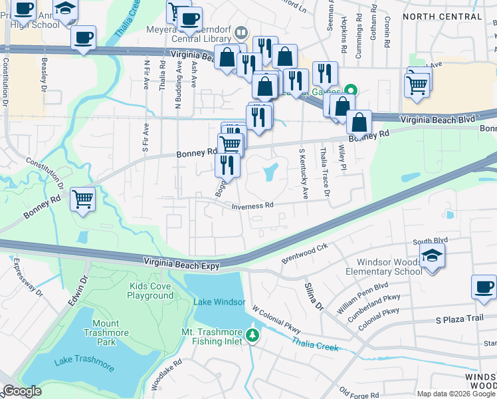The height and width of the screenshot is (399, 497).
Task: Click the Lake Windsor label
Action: pyautogui.click(x=215, y=302)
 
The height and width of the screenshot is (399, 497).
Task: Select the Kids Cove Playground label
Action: pyautogui.click(x=151, y=291)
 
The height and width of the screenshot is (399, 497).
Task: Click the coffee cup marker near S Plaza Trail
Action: pyautogui.click(x=484, y=287)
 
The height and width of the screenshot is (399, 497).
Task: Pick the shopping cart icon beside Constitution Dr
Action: pyautogui.click(x=83, y=198)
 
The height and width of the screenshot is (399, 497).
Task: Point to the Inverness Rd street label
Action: pyautogui.click(x=252, y=206)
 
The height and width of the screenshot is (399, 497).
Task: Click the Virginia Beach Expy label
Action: pyautogui.click(x=181, y=265)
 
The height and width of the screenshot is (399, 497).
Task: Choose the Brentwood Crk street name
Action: pyautogui.click(x=305, y=251)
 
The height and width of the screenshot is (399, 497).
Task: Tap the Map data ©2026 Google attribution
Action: pyautogui.click(x=456, y=394)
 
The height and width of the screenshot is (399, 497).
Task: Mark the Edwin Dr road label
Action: pyautogui.click(x=77, y=292)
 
